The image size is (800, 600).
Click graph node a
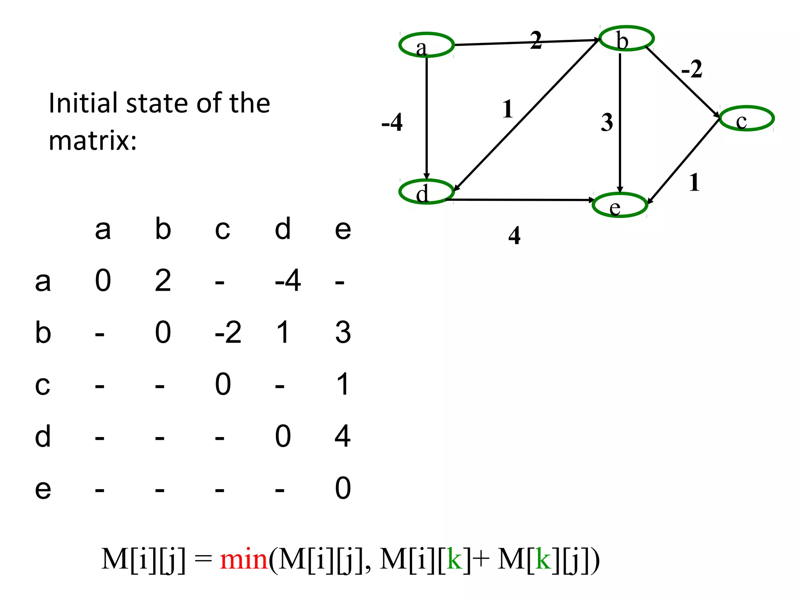click(426, 45)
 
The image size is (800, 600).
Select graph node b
click(627, 38)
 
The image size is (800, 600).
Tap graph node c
click(746, 118)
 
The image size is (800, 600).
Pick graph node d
click(426, 192)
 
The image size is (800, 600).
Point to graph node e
click(620, 205)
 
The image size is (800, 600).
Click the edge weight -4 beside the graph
click(392, 122)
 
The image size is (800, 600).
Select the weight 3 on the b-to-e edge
click(607, 122)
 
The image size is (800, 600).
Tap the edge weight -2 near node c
click(692, 70)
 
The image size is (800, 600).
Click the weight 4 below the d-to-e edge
click(514, 236)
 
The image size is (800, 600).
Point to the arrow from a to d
click(427, 117)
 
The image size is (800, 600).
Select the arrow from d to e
click(520, 200)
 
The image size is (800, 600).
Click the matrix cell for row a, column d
click(288, 280)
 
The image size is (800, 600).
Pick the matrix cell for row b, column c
click(228, 332)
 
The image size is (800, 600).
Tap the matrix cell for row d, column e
click(343, 436)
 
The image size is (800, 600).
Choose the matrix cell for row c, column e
click(343, 384)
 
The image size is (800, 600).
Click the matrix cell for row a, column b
click(163, 280)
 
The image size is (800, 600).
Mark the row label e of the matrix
click(43, 488)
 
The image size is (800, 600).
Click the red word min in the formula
click(244, 559)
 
